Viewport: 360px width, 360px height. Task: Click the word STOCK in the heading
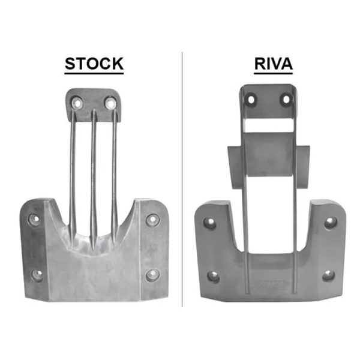coord(94,64)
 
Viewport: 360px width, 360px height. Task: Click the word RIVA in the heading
coord(273,64)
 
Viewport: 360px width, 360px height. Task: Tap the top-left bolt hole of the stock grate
coord(77,103)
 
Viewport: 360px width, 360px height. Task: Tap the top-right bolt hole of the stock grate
coord(110,103)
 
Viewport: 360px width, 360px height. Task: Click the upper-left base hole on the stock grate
coord(34,219)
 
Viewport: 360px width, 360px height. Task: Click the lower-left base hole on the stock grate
coord(37,275)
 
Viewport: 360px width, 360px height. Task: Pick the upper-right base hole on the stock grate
coord(152,220)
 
